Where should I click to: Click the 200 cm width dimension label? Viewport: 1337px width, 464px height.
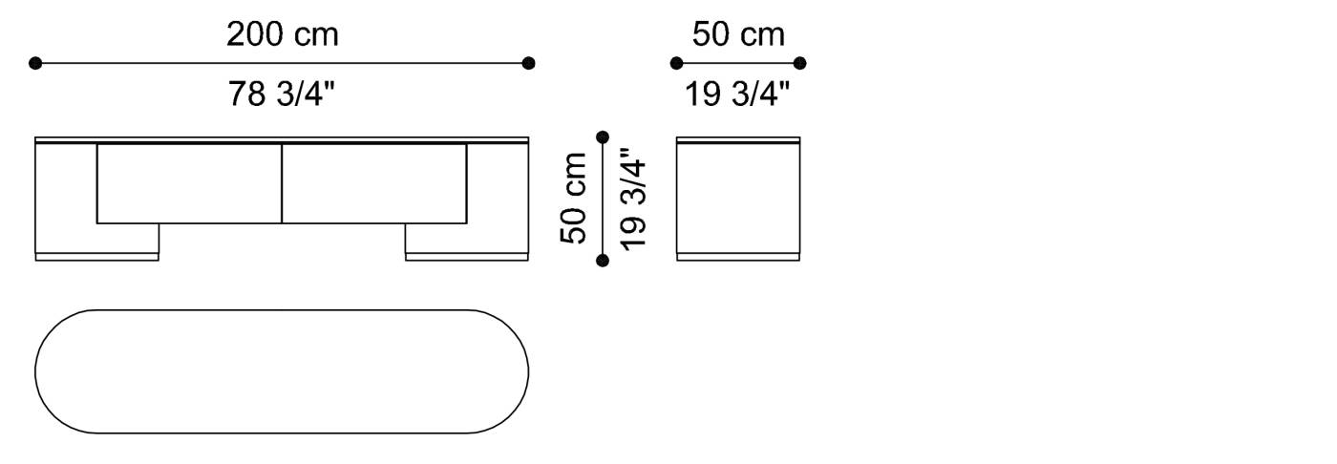coord(282,35)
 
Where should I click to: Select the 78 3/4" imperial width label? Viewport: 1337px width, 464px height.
coord(282,94)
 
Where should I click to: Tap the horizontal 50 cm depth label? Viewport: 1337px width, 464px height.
coord(738,35)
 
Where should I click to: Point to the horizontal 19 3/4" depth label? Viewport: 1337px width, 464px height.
coord(738,94)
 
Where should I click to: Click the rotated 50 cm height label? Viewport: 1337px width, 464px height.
coord(575,198)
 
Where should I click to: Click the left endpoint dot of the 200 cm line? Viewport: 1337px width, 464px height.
coord(35,64)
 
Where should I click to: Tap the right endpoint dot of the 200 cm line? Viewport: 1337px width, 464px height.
coord(529,64)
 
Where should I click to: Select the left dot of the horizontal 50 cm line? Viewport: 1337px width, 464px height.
coord(676,64)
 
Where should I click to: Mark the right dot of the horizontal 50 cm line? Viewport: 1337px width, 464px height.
coord(800,64)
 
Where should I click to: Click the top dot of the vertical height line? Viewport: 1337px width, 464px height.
coord(602,137)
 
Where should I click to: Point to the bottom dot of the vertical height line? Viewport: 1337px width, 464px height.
coord(602,260)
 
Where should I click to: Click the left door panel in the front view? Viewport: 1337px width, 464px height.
coord(189,183)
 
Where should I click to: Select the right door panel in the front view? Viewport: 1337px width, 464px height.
coord(374,183)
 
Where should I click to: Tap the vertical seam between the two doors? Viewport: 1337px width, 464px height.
coord(282,183)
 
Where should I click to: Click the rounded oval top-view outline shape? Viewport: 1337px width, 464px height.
coord(282,371)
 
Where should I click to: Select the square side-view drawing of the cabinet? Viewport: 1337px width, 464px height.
coord(738,198)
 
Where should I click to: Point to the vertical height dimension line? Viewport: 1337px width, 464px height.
coord(602,198)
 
